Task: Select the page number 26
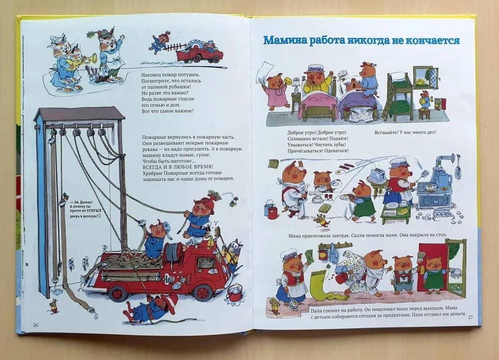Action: tap(35, 325)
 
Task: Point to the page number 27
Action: tap(471, 317)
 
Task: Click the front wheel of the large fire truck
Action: tap(203, 292)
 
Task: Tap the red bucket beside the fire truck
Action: tap(234, 294)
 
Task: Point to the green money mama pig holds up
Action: tap(308, 256)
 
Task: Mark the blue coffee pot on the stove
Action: tap(444, 179)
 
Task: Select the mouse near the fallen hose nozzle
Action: tap(53, 306)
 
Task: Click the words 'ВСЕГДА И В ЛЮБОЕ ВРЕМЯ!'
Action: tap(178, 167)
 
